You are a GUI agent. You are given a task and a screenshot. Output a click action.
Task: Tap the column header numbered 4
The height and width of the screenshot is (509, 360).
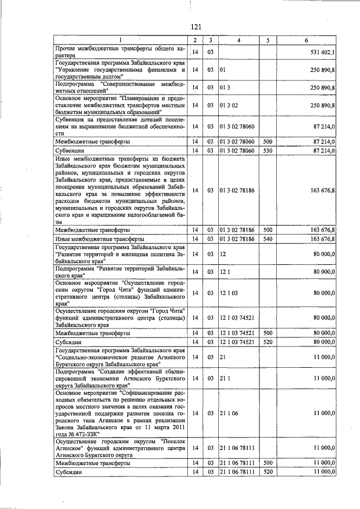coord(238,40)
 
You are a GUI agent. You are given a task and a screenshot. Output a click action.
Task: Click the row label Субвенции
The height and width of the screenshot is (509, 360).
coord(70,151)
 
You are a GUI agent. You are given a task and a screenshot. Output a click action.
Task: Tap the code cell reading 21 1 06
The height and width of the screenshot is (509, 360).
coord(229,413)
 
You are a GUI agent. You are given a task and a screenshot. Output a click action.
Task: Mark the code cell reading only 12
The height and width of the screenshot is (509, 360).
coord(223,254)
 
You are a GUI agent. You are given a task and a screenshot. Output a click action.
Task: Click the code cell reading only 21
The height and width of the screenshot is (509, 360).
coord(223,357)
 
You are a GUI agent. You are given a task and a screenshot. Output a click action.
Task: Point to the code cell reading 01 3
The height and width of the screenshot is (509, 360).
coord(226,88)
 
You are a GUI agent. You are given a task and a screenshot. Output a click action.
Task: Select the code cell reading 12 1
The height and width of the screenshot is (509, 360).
coord(226,272)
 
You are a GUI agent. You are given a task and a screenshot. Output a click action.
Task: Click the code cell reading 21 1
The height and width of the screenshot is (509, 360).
coord(226,379)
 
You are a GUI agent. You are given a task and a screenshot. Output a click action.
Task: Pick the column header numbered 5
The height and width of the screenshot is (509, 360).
coord(268,40)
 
